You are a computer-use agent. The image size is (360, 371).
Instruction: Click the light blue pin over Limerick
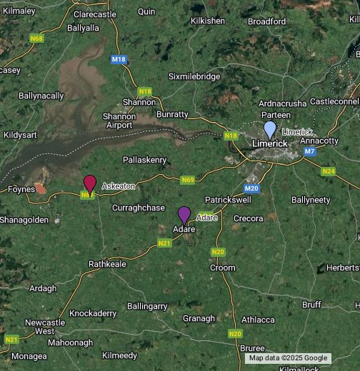click(270, 130)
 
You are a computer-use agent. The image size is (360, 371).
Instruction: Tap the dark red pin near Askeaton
click(90, 183)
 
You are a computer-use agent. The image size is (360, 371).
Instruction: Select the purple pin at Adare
click(184, 214)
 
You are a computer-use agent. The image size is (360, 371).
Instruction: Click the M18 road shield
click(119, 60)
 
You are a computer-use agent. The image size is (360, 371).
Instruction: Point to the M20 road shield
click(251, 188)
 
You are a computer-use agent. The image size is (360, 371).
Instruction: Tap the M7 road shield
click(309, 151)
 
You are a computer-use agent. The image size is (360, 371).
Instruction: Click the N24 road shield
click(329, 171)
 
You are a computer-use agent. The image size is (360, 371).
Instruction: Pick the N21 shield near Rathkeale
click(164, 243)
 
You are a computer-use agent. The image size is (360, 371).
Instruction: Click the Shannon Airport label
click(119, 121)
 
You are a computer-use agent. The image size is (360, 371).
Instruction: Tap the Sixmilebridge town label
click(194, 76)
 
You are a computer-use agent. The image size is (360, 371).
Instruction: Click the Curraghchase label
click(139, 207)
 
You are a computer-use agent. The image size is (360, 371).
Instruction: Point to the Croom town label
click(223, 268)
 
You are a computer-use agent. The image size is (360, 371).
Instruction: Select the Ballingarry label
click(147, 306)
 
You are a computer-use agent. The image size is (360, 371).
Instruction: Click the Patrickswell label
click(228, 199)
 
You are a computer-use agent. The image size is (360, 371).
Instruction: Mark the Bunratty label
click(172, 114)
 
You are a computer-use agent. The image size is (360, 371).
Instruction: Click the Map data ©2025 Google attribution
click(289, 358)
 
